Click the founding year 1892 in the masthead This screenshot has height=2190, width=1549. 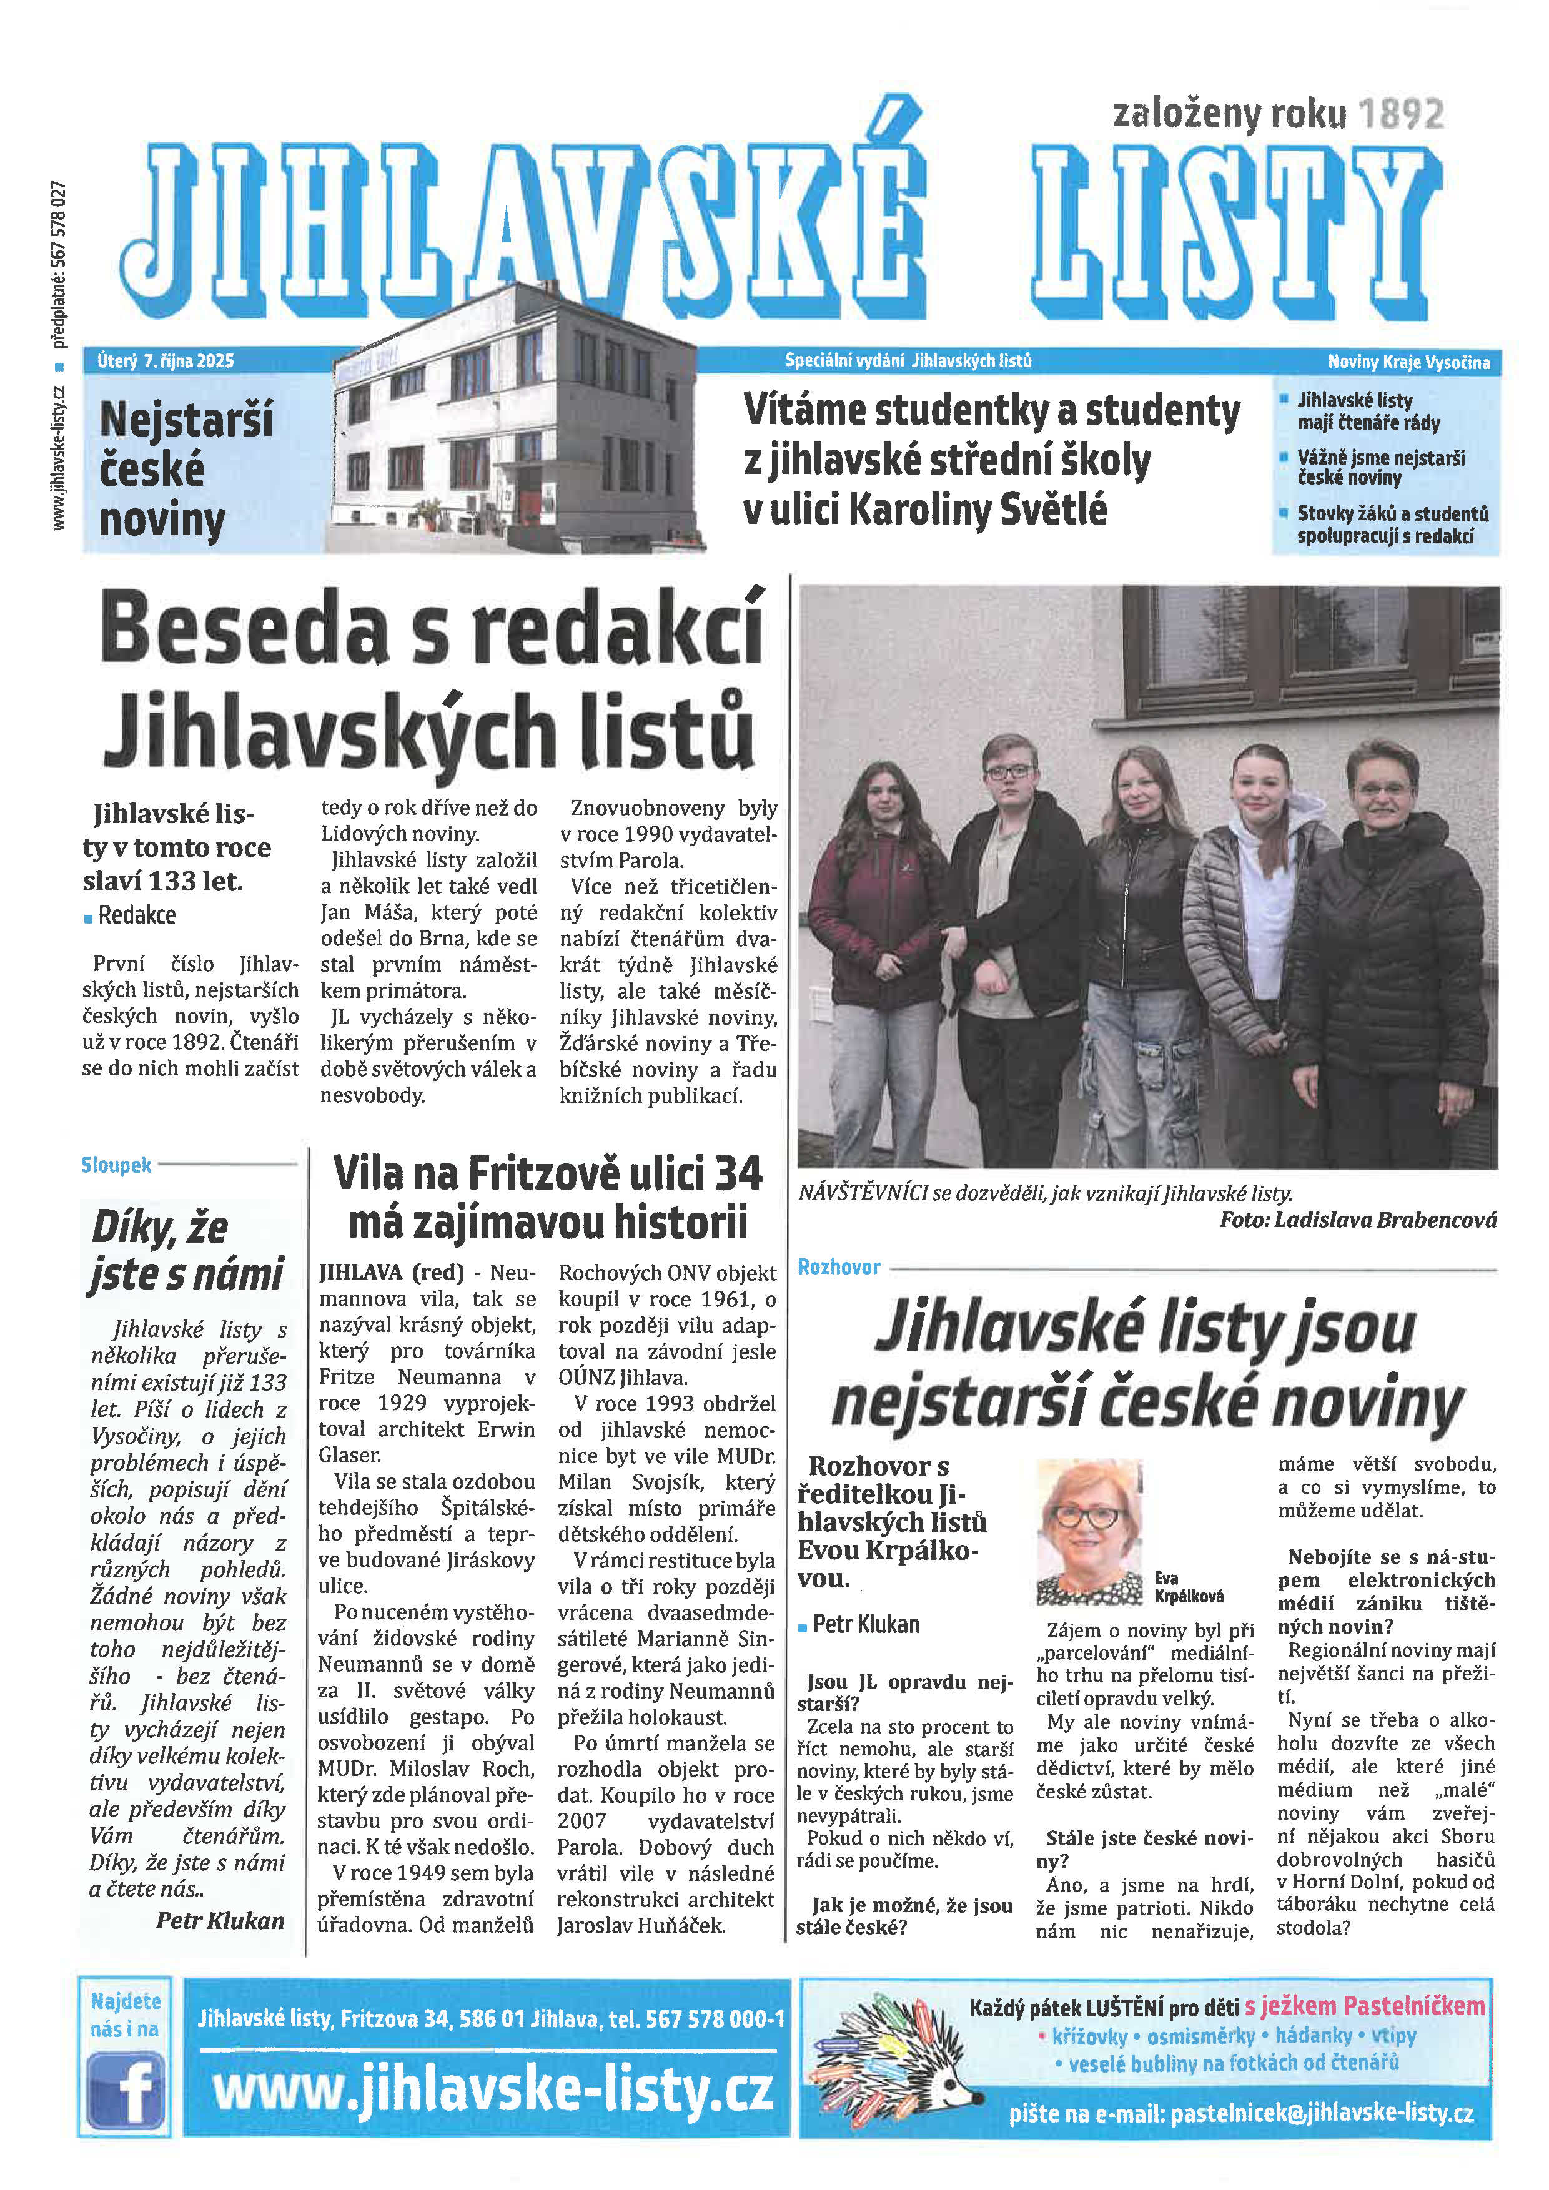tap(1400, 114)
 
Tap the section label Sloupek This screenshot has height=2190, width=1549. tap(116, 1165)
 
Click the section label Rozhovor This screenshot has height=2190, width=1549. tap(838, 1266)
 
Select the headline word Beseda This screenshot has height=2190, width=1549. tap(245, 631)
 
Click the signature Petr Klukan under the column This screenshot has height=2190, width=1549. tap(220, 1920)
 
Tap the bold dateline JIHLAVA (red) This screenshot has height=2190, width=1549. tap(391, 1273)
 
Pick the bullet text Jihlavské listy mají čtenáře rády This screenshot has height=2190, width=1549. tap(1368, 411)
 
